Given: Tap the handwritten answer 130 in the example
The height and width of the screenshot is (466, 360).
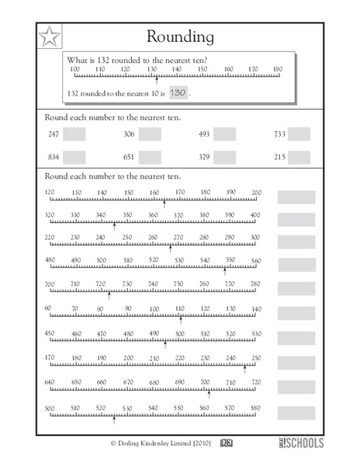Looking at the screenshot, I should (178, 92).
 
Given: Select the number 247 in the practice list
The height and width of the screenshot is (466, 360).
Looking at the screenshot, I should (53, 134).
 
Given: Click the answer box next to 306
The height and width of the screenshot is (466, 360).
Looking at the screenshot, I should (150, 134).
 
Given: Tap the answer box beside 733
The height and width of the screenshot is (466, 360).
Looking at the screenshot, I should (299, 134).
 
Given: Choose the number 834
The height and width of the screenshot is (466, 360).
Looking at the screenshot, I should (53, 156).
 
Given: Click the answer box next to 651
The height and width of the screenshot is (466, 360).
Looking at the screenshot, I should (150, 156).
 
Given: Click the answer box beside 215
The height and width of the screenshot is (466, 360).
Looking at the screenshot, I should (299, 156).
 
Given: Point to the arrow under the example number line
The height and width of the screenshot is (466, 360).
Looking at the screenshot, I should (157, 79).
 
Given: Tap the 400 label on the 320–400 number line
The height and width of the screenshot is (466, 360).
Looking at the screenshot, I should (255, 215).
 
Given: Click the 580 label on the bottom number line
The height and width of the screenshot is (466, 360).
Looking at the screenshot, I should (255, 409).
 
